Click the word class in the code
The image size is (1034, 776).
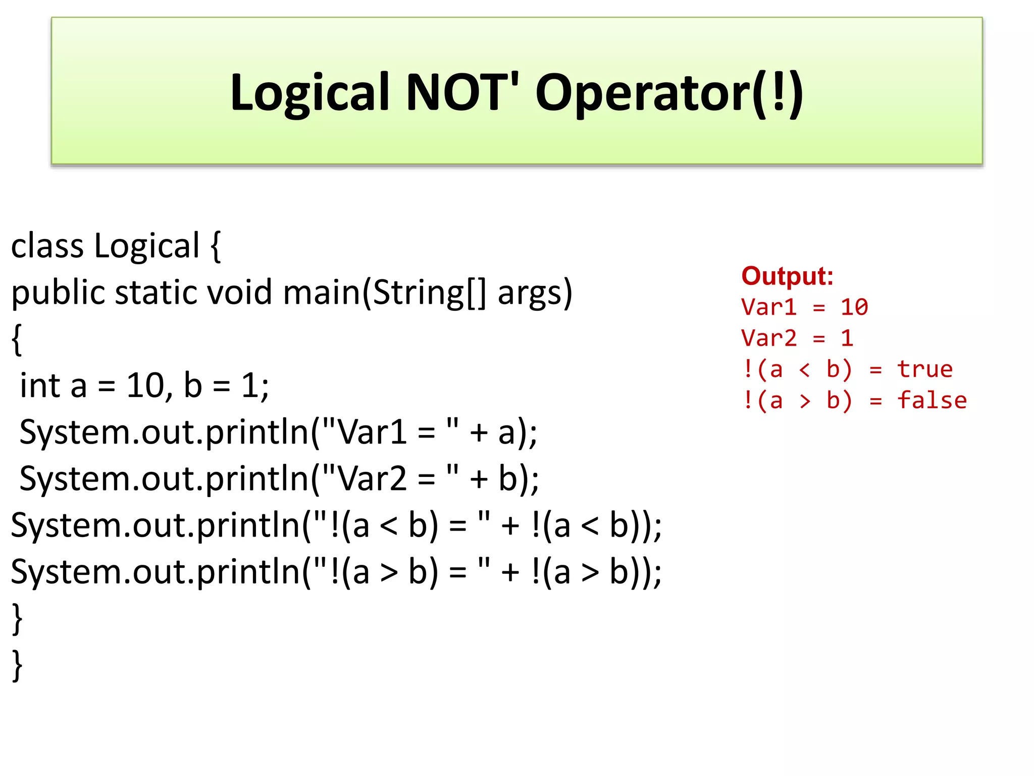pos(47,246)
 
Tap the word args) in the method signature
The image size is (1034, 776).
pos(535,294)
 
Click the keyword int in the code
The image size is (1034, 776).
pos(40,386)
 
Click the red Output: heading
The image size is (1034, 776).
pos(787,276)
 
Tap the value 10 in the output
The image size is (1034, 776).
pos(854,307)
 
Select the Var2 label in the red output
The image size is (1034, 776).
pos(768,338)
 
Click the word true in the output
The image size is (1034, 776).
pos(924,369)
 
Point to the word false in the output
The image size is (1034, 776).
pos(932,401)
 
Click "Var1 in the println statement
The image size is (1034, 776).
pos(364,432)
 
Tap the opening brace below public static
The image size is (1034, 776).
pos(17,339)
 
